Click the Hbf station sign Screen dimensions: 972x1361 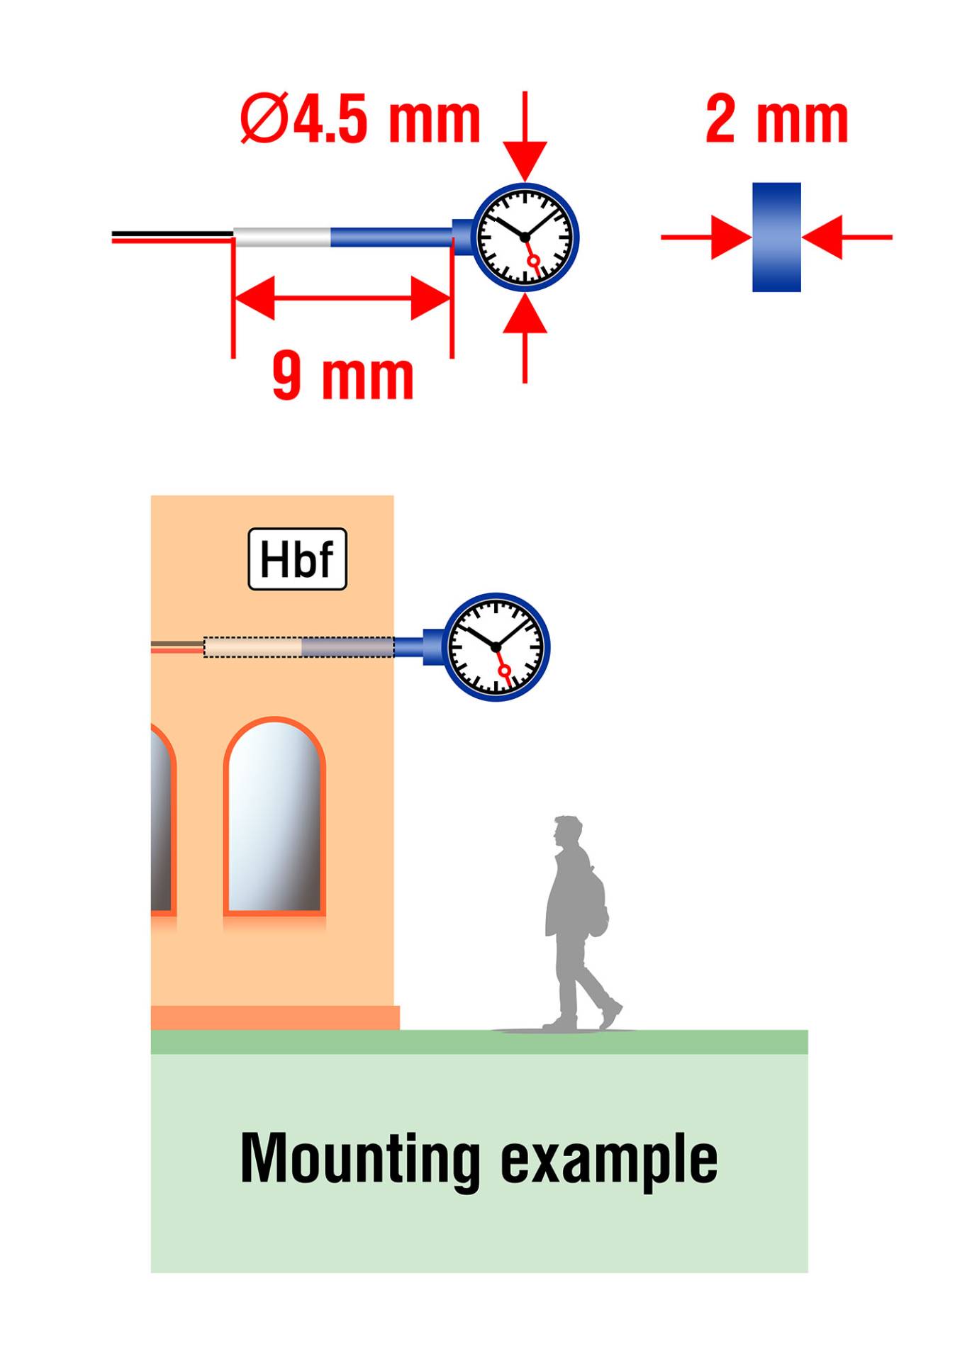tap(297, 559)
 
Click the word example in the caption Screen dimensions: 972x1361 tap(609, 1163)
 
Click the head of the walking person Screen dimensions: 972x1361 tap(569, 831)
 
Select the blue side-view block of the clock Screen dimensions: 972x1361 tap(776, 237)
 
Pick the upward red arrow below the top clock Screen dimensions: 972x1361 tap(525, 338)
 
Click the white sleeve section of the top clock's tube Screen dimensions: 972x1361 tap(282, 237)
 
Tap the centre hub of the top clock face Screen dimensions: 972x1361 tap(525, 237)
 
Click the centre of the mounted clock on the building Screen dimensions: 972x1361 tap(496, 647)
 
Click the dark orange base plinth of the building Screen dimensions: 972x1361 tap(275, 1017)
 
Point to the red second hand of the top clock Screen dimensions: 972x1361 tap(530, 254)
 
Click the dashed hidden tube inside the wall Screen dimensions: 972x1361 tap(298, 647)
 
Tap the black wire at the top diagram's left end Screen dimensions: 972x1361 tap(173, 233)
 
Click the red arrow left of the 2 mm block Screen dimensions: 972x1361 tap(706, 237)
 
